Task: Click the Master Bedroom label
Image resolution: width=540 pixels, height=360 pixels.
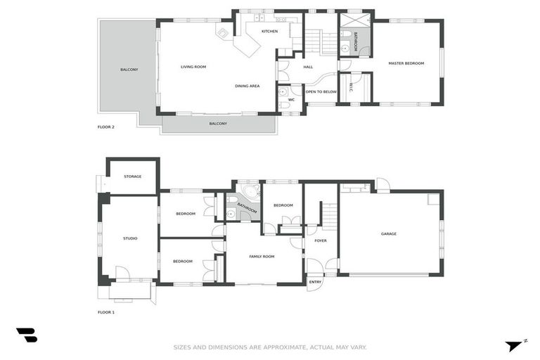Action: (406, 63)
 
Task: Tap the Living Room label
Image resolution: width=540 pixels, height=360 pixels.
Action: (193, 67)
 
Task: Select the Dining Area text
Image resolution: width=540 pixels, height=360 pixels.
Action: (247, 86)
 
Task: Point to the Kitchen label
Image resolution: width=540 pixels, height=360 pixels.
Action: (269, 32)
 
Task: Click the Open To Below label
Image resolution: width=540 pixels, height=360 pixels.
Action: (321, 92)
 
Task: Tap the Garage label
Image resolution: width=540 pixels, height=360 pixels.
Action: (388, 234)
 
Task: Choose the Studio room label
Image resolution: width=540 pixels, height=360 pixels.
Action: (130, 238)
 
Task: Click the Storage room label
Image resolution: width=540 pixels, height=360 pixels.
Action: (133, 176)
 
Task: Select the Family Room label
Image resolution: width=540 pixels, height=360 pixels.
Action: (262, 257)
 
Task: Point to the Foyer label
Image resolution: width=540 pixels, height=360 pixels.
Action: (321, 240)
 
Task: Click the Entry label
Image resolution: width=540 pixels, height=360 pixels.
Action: (315, 282)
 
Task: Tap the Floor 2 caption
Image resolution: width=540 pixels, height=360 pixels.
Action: (105, 127)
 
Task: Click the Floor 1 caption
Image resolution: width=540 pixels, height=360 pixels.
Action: (105, 312)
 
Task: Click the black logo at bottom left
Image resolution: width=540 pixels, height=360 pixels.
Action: (27, 335)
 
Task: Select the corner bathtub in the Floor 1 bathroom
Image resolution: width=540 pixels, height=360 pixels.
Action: (250, 191)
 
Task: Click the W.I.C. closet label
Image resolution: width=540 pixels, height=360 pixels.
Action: (351, 87)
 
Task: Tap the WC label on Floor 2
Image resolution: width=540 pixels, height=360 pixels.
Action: (291, 100)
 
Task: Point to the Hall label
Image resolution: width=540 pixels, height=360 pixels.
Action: (308, 67)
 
